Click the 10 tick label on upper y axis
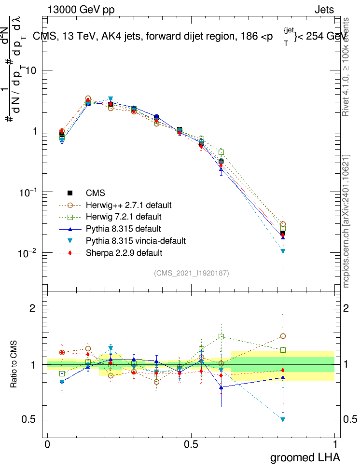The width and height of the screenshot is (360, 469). click(x=32, y=70)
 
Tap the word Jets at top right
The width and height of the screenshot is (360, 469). click(x=324, y=10)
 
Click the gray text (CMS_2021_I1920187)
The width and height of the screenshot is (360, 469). click(x=192, y=273)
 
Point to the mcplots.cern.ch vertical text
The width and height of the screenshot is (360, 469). click(x=346, y=222)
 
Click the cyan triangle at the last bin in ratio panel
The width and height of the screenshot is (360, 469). click(x=283, y=420)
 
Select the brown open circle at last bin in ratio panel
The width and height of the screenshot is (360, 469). click(x=283, y=336)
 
